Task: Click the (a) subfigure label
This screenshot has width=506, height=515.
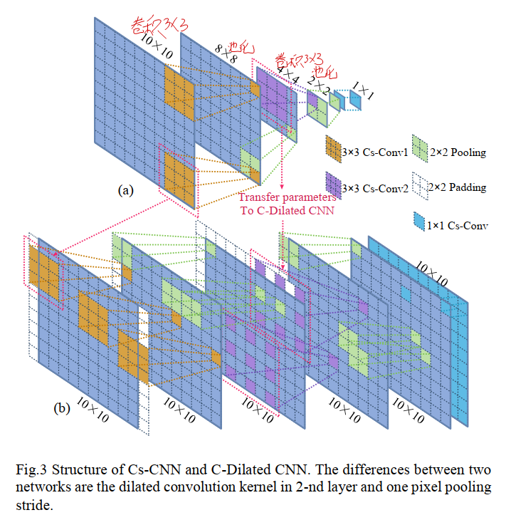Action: coord(125,191)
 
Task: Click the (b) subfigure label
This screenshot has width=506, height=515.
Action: coord(62,408)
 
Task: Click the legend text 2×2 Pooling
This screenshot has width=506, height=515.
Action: coord(459,152)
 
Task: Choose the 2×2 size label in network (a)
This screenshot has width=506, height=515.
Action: coord(319,86)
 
